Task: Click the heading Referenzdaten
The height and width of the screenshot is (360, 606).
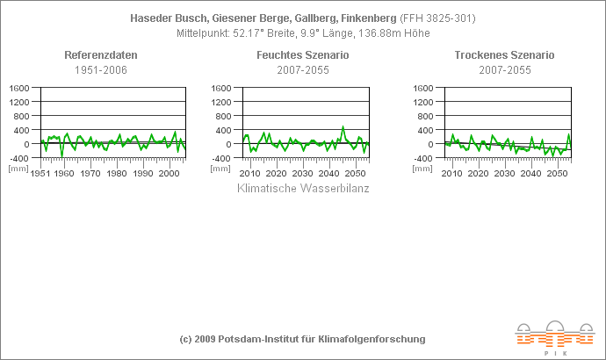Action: (101, 55)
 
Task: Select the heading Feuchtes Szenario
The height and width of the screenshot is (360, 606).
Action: (303, 55)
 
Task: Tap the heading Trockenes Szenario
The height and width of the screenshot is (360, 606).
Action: (504, 55)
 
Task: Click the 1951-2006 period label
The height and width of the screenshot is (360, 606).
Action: (101, 69)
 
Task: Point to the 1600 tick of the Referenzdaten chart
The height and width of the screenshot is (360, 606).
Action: (20, 88)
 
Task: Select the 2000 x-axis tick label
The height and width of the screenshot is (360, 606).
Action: (170, 174)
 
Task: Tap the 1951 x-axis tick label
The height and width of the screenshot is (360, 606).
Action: (40, 174)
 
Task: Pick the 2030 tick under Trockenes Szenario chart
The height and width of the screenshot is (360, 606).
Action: (504, 174)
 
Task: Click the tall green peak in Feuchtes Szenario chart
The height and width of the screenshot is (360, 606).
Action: (343, 127)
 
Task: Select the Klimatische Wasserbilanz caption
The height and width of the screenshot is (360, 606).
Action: (303, 188)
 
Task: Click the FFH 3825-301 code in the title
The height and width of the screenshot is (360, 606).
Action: (450, 18)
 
